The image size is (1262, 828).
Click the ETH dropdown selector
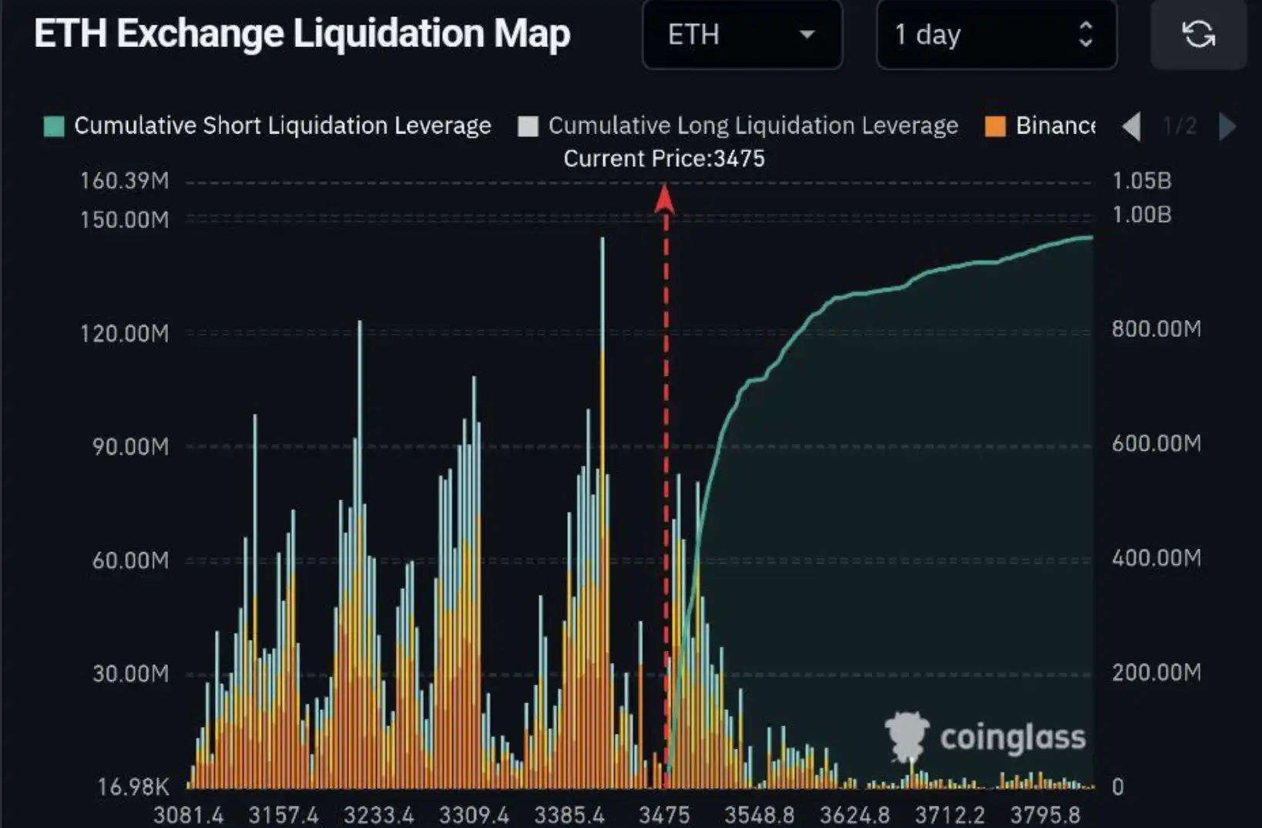coord(742,35)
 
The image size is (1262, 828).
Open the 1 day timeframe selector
coord(995,35)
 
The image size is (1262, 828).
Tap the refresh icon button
coord(1198,35)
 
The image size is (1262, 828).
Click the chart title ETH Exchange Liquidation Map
coord(302,34)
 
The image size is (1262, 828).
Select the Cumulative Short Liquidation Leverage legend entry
coord(268,126)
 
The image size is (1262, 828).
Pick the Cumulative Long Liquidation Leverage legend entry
coord(739,126)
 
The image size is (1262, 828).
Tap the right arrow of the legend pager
coord(1227,126)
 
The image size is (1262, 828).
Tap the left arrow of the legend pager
coord(1131,126)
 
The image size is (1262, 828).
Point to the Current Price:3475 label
coord(664,159)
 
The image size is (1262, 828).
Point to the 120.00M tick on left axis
coord(125,334)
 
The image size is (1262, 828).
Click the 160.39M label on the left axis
coord(125,181)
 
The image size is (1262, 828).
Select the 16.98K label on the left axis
coord(133,787)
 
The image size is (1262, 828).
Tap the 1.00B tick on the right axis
coord(1141,215)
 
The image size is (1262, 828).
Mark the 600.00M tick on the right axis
coord(1156,443)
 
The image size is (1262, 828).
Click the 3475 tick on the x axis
coord(664,815)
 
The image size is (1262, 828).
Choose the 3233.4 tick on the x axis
coord(378,815)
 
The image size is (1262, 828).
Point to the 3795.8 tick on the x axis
coord(1045,815)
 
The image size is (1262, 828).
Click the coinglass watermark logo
coord(986,737)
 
